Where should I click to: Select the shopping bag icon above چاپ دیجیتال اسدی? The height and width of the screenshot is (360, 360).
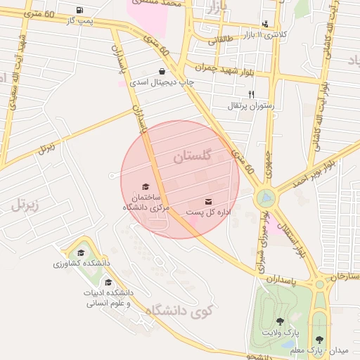tap(162, 71)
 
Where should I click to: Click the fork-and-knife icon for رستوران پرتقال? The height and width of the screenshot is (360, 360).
tap(251, 94)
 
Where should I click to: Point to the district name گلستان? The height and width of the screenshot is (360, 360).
tap(192, 157)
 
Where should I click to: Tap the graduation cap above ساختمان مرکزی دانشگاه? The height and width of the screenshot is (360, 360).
tap(146, 186)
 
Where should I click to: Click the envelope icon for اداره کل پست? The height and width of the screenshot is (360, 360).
tap(208, 202)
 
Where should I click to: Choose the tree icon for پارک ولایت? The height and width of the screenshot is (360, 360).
tap(280, 321)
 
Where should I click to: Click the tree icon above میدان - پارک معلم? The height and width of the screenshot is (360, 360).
tap(320, 339)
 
